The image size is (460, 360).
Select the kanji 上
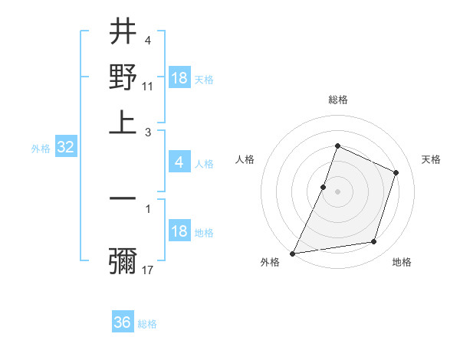click(123, 121)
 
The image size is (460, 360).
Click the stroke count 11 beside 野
click(148, 87)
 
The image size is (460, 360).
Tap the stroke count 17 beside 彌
click(148, 270)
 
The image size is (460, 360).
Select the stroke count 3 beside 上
click(148, 132)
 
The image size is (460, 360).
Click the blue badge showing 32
click(65, 148)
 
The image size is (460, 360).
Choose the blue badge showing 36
click(123, 322)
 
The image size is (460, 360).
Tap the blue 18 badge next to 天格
click(179, 78)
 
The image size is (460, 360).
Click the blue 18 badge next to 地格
click(179, 231)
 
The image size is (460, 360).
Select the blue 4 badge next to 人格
click(179, 162)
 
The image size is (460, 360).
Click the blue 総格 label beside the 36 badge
click(148, 324)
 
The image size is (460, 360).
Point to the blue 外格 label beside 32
click(40, 149)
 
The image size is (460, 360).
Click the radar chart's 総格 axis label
click(337, 100)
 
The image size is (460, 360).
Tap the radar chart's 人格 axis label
click(245, 159)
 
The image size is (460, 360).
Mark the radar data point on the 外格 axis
click(293, 254)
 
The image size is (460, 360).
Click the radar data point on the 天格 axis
click(396, 172)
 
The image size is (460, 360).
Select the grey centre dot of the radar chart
click(337, 191)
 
